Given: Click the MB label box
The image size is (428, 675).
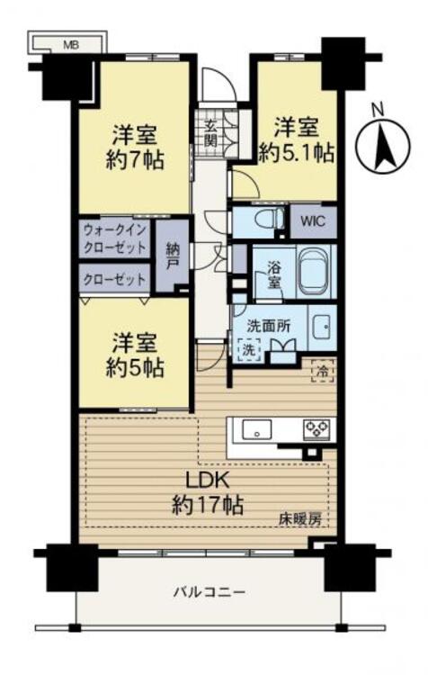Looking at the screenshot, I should [69, 42].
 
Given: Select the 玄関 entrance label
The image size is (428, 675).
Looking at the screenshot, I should [210, 133].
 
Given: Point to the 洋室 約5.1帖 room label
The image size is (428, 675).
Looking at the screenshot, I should [298, 139].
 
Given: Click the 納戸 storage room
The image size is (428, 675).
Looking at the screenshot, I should [173, 260].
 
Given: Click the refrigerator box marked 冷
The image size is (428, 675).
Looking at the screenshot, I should [320, 368].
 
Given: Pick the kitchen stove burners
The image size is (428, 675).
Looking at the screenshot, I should [316, 428].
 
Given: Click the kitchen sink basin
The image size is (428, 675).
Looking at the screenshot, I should [257, 430].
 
